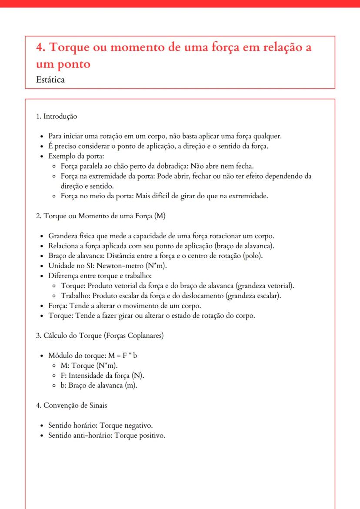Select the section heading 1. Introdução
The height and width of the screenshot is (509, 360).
point(57,116)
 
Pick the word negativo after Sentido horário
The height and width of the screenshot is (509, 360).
point(137,425)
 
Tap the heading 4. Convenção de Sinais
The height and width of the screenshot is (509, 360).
point(72,406)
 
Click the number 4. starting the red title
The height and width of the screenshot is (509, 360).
point(41,47)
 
